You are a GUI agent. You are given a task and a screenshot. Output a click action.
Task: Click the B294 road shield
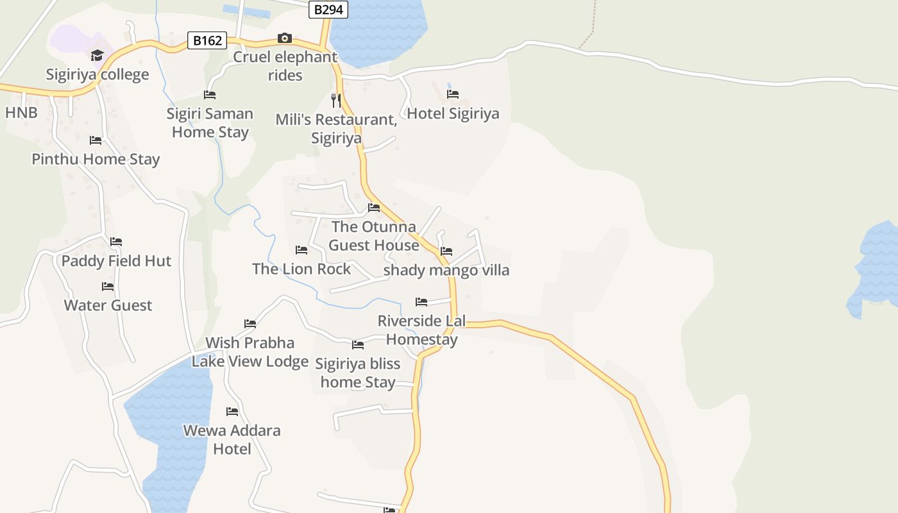click(x=328, y=10)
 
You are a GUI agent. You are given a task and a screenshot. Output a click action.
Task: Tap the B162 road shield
click(x=207, y=41)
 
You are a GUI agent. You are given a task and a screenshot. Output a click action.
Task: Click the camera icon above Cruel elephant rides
click(x=285, y=38)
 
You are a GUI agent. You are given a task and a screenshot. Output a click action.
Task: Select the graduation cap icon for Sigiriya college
click(x=97, y=56)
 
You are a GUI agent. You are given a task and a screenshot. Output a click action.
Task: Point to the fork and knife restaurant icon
click(x=335, y=100)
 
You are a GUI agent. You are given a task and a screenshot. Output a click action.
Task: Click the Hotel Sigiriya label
click(x=453, y=114)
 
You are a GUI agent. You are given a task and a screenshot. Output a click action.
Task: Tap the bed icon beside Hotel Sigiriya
click(x=453, y=94)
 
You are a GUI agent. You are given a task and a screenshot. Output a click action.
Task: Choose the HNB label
click(x=21, y=113)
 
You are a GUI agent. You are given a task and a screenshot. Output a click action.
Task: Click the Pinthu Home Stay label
click(x=96, y=159)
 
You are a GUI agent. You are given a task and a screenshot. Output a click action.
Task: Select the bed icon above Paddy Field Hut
click(x=116, y=242)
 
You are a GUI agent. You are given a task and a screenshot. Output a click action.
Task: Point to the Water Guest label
click(x=108, y=305)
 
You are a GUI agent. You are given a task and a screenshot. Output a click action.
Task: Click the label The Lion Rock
click(x=301, y=269)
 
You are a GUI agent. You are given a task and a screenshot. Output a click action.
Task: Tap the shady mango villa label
click(x=446, y=270)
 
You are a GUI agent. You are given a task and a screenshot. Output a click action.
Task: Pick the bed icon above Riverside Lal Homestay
click(x=421, y=301)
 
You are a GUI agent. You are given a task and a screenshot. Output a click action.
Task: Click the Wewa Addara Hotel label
click(x=232, y=439)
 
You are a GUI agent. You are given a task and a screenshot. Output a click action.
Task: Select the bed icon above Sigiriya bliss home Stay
click(x=358, y=345)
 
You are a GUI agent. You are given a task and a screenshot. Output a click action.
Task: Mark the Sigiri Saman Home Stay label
click(x=210, y=123)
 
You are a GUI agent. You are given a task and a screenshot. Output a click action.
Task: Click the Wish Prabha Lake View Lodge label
click(x=250, y=352)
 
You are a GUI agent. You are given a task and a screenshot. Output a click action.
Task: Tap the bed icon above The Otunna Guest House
click(x=374, y=208)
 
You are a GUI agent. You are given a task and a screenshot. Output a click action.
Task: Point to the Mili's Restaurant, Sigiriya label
click(x=336, y=129)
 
